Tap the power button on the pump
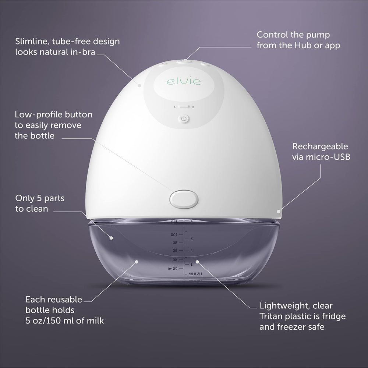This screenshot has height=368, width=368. pos(184,118)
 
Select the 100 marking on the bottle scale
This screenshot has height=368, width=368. pos(174,234)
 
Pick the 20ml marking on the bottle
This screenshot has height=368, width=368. pos(172,269)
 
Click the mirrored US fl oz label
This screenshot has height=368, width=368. pos(195,274)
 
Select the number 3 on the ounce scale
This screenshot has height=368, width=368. pos(191,239)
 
